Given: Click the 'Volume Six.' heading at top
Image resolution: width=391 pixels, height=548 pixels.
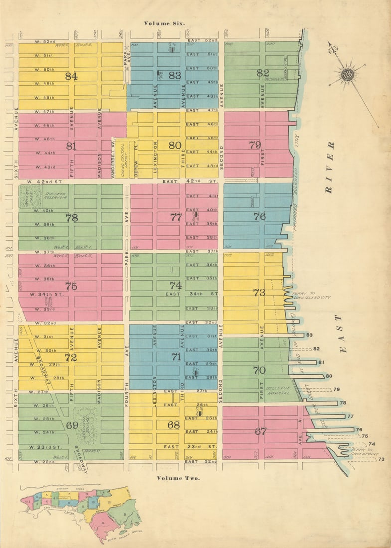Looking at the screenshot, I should coord(164,23).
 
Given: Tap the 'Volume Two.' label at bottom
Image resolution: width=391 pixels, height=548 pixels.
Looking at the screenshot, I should coord(178,478).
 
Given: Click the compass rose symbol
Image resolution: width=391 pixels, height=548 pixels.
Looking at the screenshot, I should coord(348,75).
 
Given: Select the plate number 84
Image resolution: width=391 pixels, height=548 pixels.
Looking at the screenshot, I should coord(71,76).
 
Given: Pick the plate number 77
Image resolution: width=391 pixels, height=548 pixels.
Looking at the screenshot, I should coord(176,217).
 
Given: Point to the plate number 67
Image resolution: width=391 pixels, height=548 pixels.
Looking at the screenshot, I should coord(261,432).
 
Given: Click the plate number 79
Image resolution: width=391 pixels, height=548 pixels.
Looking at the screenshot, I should coord(255,145).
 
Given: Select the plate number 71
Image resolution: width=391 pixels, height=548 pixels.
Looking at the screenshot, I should coord(176,357).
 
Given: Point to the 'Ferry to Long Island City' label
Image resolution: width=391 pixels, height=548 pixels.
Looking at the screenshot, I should coord(311,295).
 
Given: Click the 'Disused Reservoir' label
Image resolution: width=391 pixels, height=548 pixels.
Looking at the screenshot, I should coord(55,196).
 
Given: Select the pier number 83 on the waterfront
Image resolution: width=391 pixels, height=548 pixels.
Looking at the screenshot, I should coord(309,335).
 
